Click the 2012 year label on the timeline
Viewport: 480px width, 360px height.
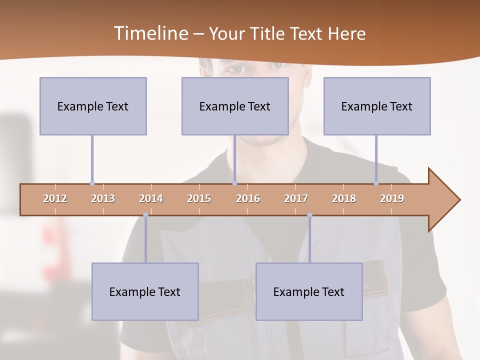tap(55, 198)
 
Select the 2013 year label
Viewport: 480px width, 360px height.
tap(103, 198)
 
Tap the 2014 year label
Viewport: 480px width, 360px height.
tap(151, 198)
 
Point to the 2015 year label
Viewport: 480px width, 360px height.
tap(199, 198)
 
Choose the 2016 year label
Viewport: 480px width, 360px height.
tap(248, 198)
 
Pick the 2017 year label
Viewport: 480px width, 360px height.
tap(296, 198)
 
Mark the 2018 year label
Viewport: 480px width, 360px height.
tap(344, 198)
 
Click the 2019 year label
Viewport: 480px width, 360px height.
tap(392, 198)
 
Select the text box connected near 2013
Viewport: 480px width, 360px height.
tap(93, 106)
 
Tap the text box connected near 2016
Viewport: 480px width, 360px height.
tap(235, 106)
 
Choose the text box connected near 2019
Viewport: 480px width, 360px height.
tap(377, 106)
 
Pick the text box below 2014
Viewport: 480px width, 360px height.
tap(145, 291)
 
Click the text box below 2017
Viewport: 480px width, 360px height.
tap(309, 291)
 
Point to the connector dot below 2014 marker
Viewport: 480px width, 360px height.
tap(145, 215)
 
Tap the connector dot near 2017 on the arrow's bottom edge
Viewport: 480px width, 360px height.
tap(309, 215)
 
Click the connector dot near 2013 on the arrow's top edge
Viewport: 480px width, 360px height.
tap(92, 183)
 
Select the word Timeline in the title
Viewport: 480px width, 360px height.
tap(150, 33)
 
